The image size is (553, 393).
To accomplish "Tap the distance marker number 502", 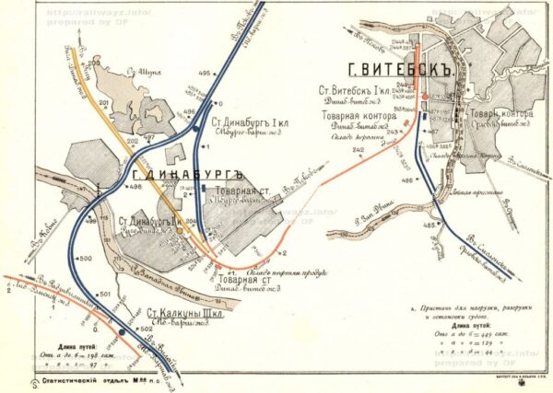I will point(145,329).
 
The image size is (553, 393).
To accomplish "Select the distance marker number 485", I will point(429,225).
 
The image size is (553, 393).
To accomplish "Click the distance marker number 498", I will point(135,187).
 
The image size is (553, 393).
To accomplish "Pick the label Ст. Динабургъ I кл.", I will point(246,121).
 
